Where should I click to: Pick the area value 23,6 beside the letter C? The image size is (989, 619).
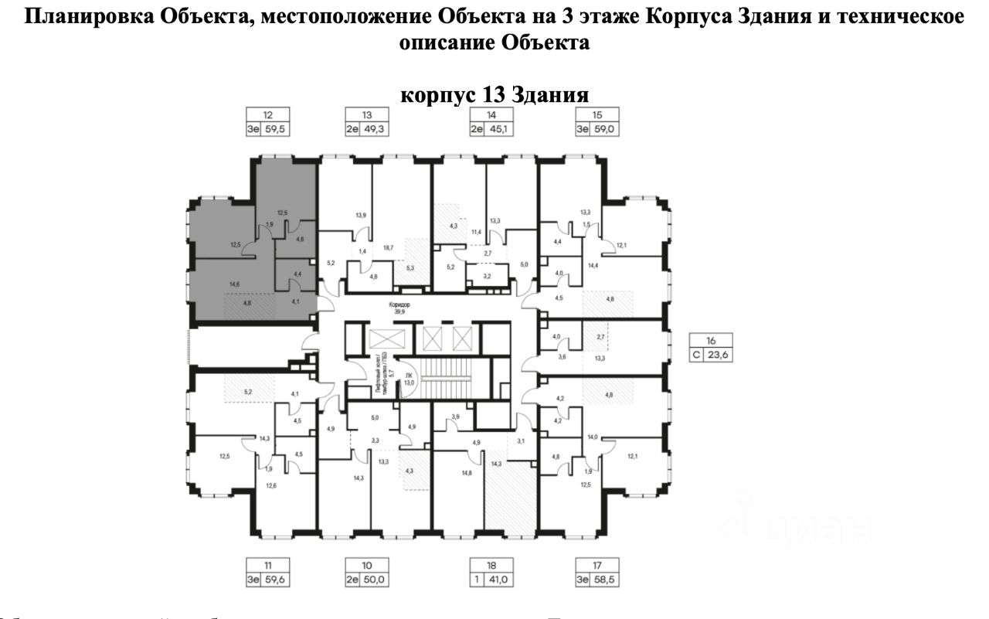[719, 355]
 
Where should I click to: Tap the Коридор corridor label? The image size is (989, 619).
[399, 304]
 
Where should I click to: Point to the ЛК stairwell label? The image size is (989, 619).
[410, 372]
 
